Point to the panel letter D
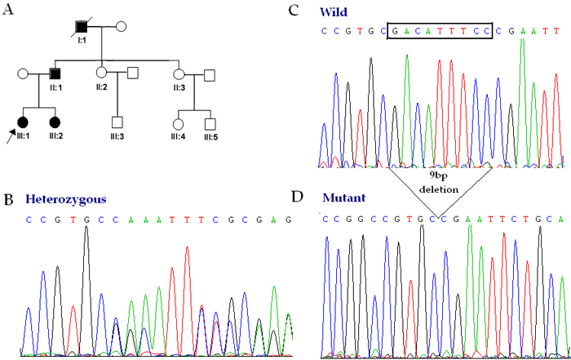297,199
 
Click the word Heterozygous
65,198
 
